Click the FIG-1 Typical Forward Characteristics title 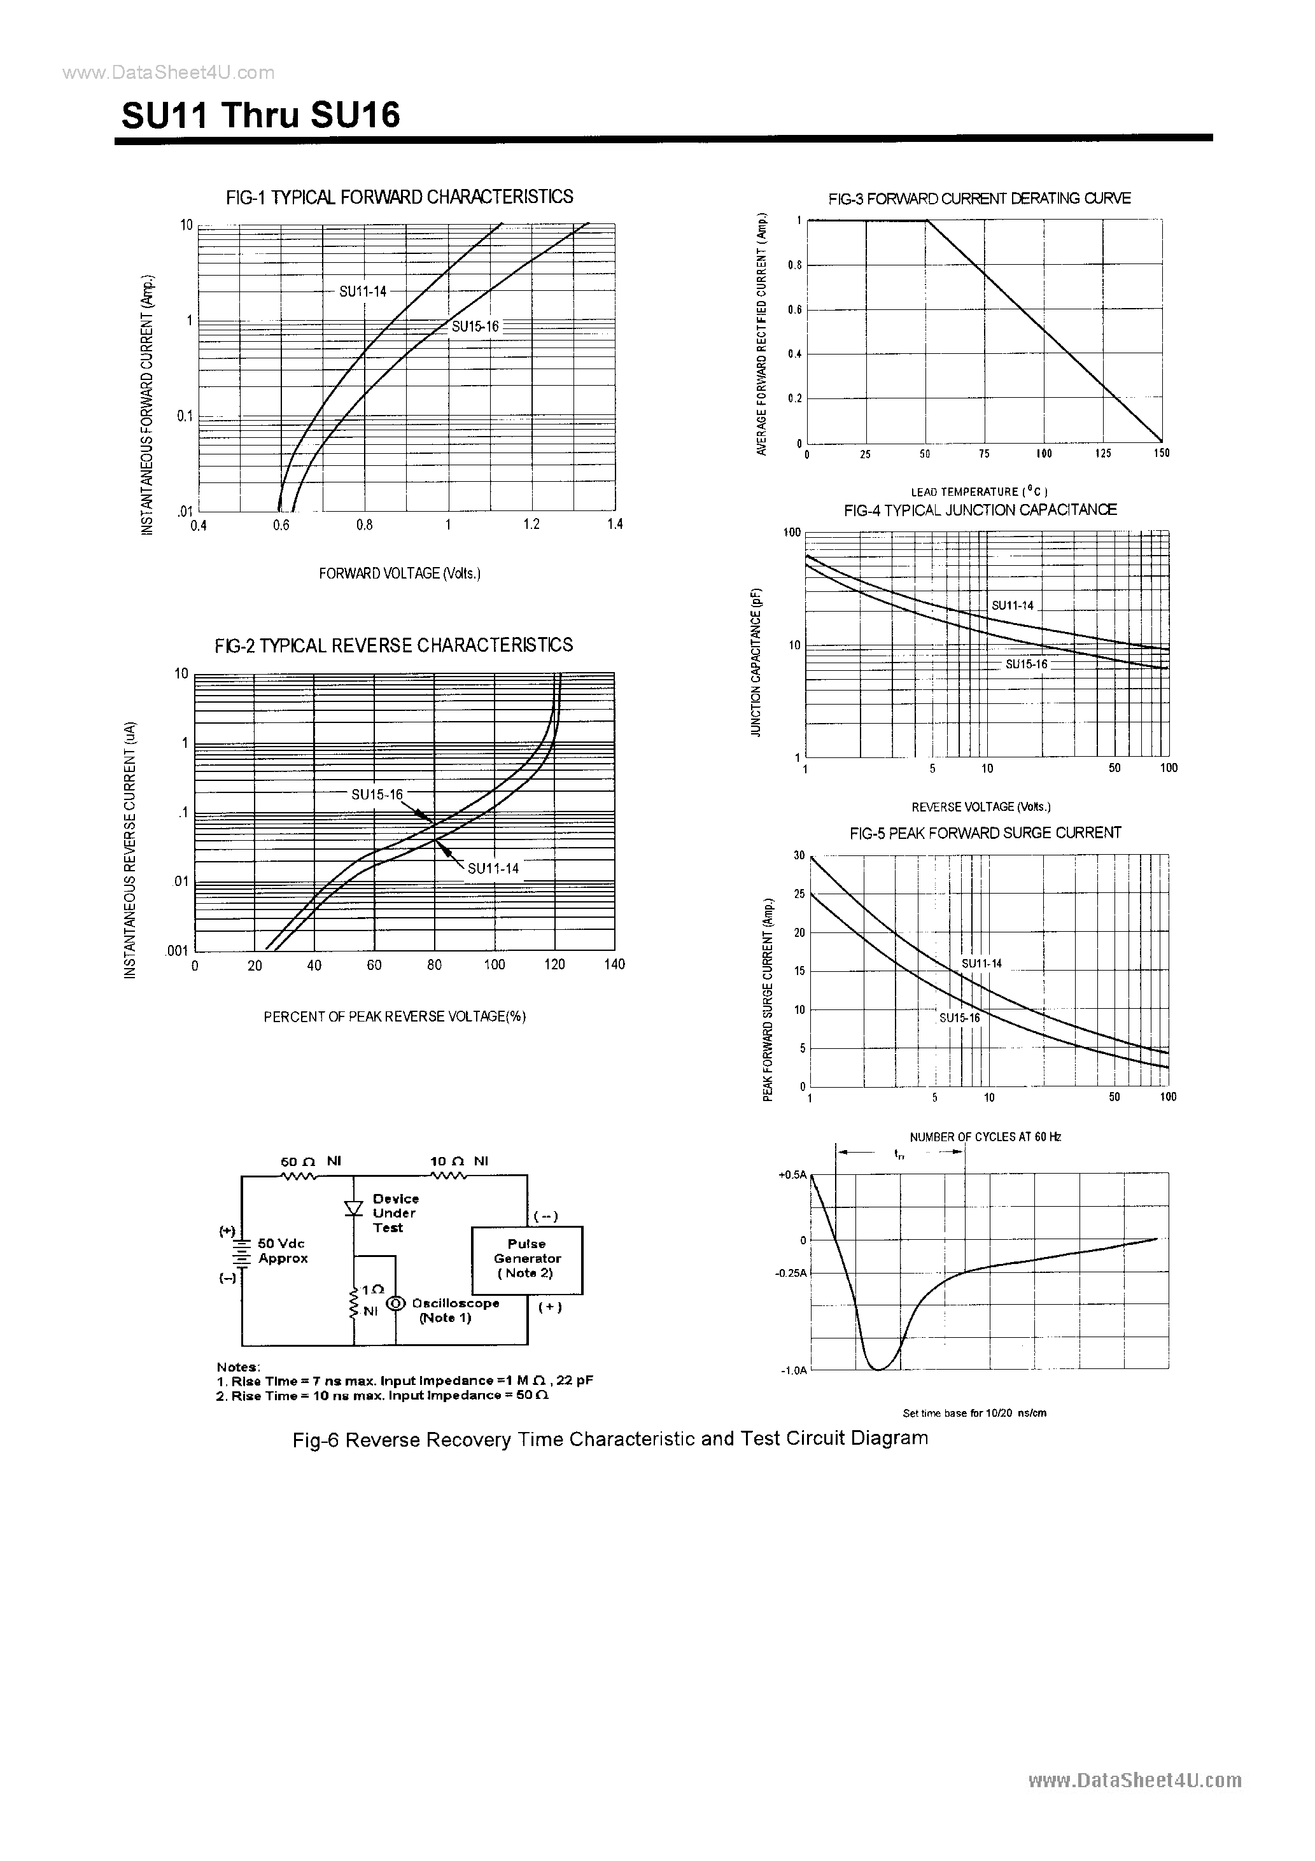(400, 197)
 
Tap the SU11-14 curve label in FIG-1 (362, 291)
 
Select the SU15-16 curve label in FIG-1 (475, 327)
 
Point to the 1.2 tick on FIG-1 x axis (531, 524)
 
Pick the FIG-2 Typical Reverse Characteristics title (393, 645)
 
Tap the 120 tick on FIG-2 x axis (554, 964)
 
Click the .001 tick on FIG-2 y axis (178, 951)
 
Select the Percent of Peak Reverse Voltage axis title (395, 1016)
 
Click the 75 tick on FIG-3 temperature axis (984, 454)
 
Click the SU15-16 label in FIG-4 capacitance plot (1027, 664)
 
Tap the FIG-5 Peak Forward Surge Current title (985, 833)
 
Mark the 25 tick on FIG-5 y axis (799, 894)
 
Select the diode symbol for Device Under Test (353, 1208)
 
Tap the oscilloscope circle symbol (396, 1303)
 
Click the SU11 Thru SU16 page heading (261, 116)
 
